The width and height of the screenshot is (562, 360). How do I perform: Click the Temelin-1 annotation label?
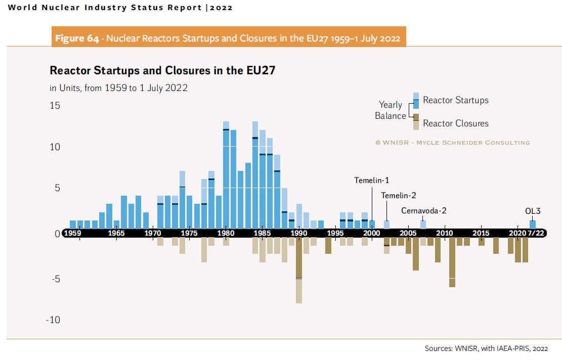(x=371, y=180)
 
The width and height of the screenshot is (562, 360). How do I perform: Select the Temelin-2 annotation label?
(x=399, y=196)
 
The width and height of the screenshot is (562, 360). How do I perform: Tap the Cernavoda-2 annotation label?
(x=424, y=211)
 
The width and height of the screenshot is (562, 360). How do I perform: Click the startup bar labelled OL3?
(x=532, y=224)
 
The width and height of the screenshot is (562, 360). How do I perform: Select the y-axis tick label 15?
(x=55, y=106)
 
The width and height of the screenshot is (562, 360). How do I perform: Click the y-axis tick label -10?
(x=53, y=320)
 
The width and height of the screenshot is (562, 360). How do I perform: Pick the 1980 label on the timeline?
(x=226, y=233)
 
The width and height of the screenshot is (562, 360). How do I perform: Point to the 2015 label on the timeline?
(x=481, y=233)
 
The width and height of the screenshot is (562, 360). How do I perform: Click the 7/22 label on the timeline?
(x=535, y=233)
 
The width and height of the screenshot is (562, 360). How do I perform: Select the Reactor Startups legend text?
(x=455, y=100)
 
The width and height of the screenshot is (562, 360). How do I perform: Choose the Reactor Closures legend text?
(x=455, y=123)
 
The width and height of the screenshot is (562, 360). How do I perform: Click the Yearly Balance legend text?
(x=390, y=110)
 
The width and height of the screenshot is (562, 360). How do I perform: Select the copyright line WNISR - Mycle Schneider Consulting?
(x=452, y=143)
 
